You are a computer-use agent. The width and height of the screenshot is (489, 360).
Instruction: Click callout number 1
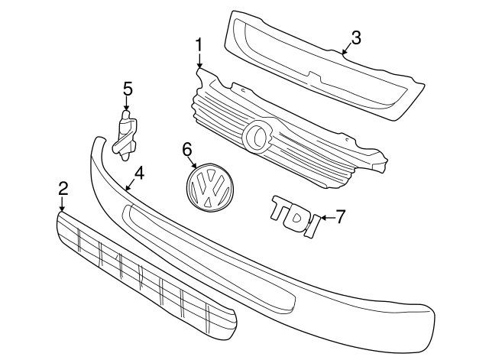click(x=199, y=46)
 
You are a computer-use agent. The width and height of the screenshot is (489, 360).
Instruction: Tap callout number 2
click(x=63, y=188)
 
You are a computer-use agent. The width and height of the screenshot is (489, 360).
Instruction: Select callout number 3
click(x=356, y=37)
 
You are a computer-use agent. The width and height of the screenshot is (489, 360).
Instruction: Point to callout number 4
click(x=139, y=174)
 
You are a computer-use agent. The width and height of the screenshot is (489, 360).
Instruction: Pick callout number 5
click(x=128, y=89)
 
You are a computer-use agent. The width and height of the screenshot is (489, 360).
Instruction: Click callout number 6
click(x=188, y=149)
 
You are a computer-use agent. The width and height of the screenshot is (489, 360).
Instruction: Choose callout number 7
click(x=341, y=216)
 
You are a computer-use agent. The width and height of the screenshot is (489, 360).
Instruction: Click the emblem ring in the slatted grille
click(x=257, y=136)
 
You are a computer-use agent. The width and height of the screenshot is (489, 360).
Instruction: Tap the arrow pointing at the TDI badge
click(x=326, y=217)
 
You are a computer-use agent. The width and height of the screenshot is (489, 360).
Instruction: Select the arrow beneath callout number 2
click(x=63, y=203)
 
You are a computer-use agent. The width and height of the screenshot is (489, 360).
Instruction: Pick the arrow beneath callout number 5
click(x=128, y=105)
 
